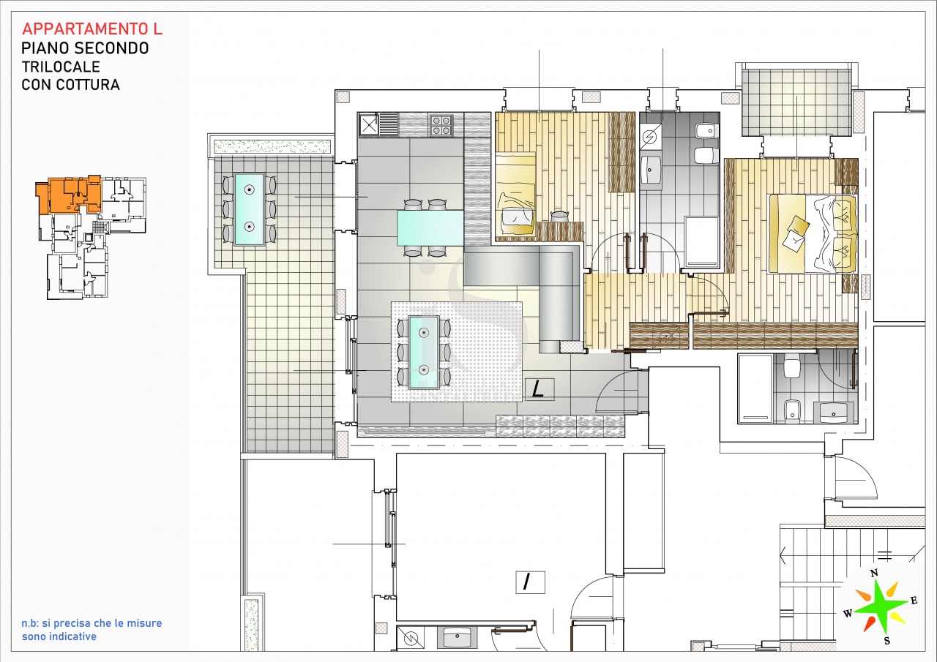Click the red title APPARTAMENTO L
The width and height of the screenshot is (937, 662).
(x=92, y=29)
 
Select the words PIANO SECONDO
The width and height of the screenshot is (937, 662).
(x=85, y=48)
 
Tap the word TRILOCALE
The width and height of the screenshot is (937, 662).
(x=61, y=67)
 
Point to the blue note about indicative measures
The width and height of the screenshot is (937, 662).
(x=92, y=630)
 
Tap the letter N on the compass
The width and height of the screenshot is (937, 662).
(x=873, y=573)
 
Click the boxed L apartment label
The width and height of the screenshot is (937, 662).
(x=539, y=389)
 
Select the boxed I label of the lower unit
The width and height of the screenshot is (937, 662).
(x=526, y=582)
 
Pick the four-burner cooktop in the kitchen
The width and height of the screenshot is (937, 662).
(x=441, y=126)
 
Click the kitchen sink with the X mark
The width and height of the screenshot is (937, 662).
(x=368, y=125)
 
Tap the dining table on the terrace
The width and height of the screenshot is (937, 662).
(x=249, y=209)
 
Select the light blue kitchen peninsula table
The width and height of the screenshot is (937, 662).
(x=430, y=227)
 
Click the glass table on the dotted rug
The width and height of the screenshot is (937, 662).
(x=423, y=351)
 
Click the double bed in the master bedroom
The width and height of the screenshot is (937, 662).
(x=813, y=233)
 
